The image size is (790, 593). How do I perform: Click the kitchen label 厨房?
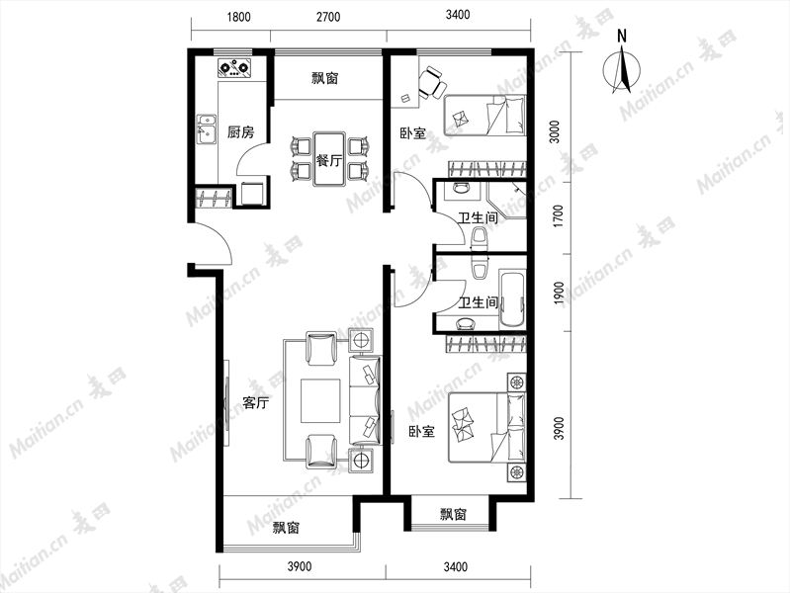240,132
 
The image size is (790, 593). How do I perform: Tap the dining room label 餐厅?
329,161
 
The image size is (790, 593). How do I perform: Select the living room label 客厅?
255,403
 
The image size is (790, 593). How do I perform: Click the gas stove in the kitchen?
233,67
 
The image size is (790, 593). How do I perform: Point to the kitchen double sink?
206,129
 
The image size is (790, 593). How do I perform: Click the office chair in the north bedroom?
432,83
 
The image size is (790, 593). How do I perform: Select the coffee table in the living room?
320,401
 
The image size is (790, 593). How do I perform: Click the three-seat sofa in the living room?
365,400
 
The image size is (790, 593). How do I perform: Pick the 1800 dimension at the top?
239,17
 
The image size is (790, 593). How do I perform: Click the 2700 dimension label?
328,17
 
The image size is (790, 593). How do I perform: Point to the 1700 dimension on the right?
559,216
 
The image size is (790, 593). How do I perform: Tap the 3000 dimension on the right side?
555,132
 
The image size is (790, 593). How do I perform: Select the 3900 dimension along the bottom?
300,566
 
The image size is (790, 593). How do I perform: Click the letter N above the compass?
622,37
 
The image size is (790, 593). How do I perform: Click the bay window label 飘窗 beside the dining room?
325,79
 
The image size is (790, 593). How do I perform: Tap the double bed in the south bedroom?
487,428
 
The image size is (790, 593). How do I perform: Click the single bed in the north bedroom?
484,116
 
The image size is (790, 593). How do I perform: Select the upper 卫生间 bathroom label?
479,218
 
